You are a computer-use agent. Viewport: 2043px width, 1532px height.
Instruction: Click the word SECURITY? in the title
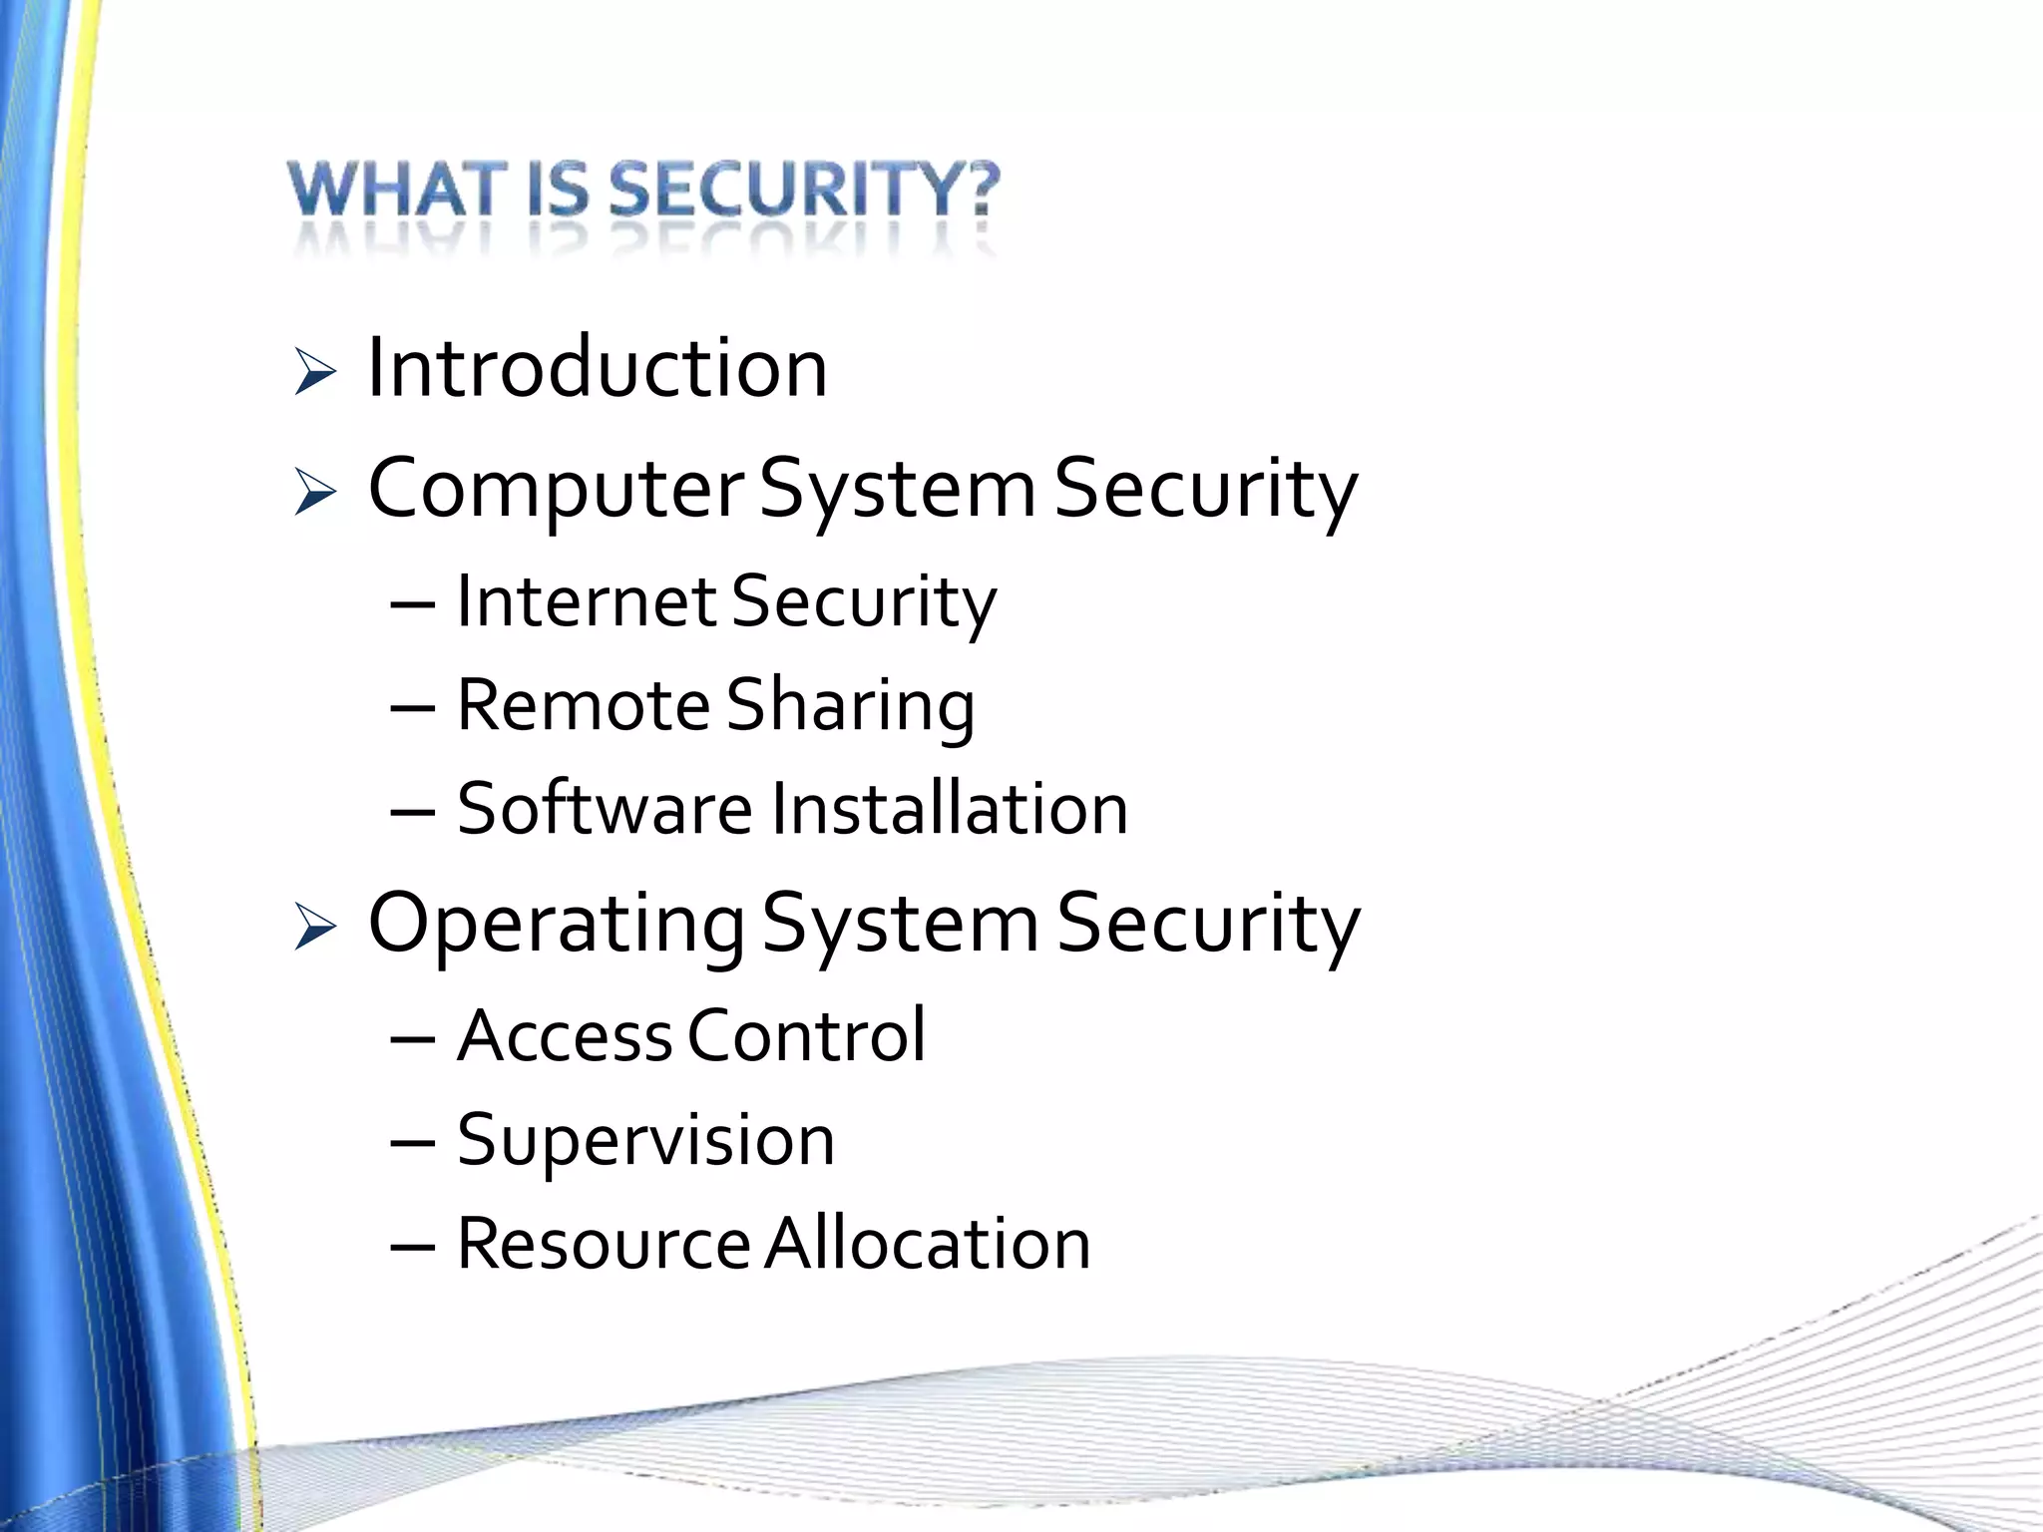point(804,190)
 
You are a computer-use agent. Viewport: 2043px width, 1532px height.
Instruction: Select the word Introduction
point(598,368)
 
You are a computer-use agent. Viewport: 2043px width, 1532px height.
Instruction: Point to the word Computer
point(556,489)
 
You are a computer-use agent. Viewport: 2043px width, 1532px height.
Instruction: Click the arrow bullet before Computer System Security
point(314,493)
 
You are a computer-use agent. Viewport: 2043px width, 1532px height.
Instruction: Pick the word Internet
point(587,601)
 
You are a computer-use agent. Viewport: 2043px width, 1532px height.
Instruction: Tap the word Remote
point(583,705)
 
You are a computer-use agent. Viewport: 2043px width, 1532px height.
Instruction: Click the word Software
point(605,808)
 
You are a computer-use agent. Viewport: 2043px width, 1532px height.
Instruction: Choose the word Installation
point(950,808)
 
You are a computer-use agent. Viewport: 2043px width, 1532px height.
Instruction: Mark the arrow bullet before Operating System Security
point(314,928)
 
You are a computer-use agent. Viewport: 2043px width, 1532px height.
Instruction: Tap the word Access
point(565,1035)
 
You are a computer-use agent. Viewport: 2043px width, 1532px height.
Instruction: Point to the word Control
point(807,1035)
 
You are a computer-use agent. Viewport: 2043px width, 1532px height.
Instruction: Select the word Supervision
point(645,1141)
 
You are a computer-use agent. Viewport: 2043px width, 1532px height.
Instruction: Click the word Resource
point(603,1244)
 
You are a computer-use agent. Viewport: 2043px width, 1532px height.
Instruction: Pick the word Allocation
point(928,1244)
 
